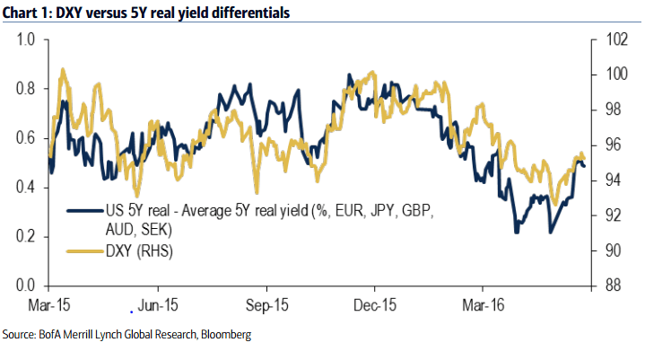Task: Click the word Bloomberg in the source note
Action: coord(222,335)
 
